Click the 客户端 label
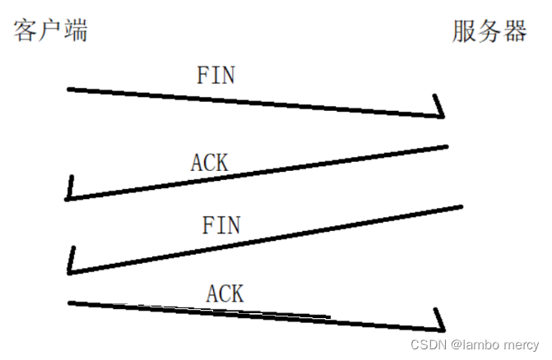point(50,31)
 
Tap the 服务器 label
point(489,31)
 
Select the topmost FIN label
point(216,76)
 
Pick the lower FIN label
point(220,224)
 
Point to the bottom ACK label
point(225,292)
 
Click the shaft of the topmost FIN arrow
point(255,102)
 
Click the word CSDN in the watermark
point(428,344)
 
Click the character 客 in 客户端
point(26,31)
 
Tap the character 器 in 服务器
point(514,31)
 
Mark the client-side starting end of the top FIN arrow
point(70,88)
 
